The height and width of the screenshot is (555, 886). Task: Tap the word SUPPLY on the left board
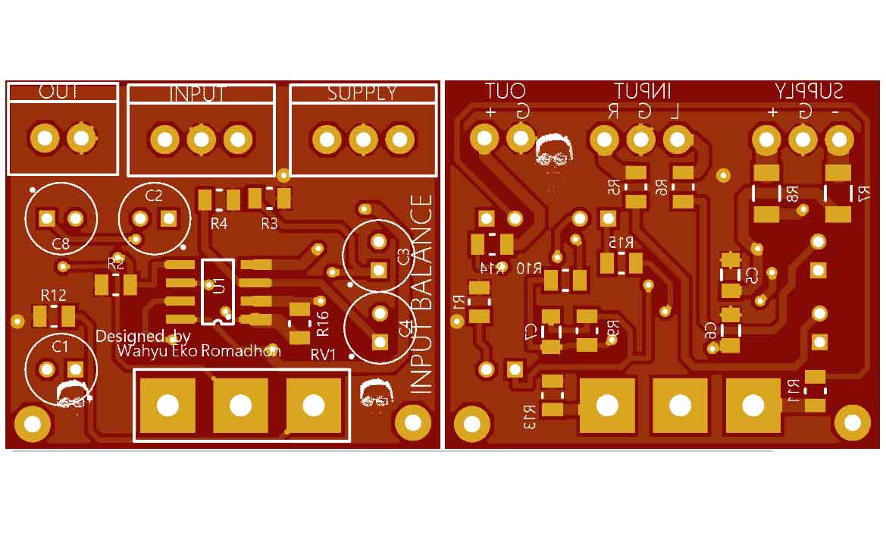[x=362, y=93]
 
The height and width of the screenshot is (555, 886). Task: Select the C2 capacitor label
[x=154, y=196]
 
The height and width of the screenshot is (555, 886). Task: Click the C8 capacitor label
[x=61, y=244]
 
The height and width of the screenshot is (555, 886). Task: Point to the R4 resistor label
[x=219, y=224]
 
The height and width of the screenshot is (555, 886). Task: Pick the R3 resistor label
[x=270, y=224]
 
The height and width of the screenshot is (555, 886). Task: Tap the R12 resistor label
[x=54, y=295]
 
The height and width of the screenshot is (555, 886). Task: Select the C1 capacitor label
[x=60, y=346]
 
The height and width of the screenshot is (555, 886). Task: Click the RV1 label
[x=324, y=356]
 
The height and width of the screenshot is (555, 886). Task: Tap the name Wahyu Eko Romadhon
[x=199, y=351]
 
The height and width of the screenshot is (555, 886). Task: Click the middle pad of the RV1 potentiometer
[x=240, y=405]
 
